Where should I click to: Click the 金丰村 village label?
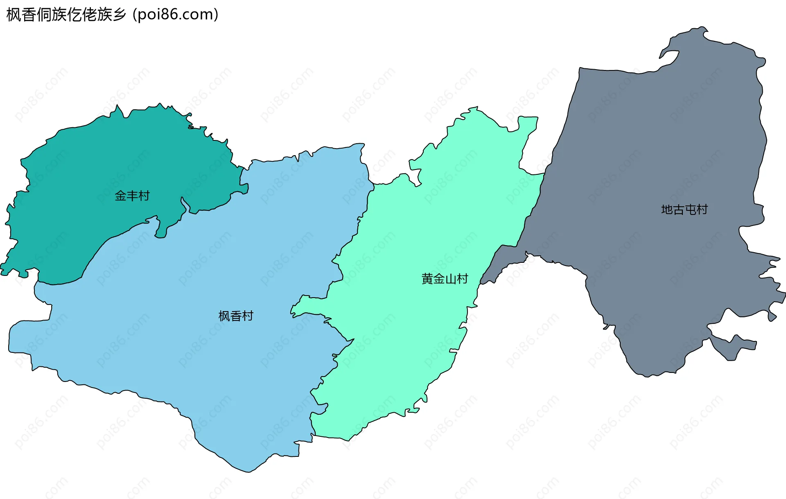[132, 196]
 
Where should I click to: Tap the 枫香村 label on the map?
[236, 316]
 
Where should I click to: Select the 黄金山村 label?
[445, 279]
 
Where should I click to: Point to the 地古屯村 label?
[684, 210]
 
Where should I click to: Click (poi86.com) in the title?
[176, 15]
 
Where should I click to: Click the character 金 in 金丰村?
[120, 196]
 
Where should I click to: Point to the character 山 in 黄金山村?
[451, 279]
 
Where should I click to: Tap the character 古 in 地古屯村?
[678, 210]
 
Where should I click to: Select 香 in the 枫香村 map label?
[236, 316]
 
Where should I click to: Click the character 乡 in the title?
[120, 15]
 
